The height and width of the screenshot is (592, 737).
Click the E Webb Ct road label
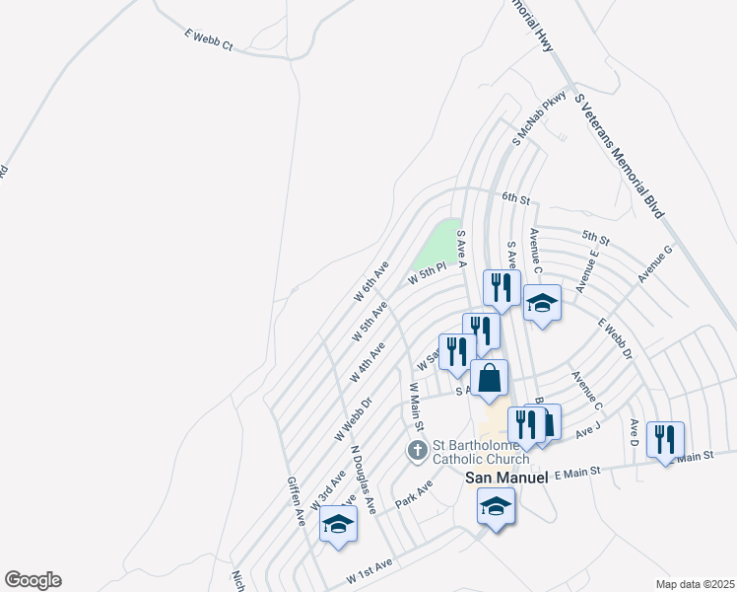(x=207, y=39)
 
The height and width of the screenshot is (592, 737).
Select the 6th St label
(x=515, y=197)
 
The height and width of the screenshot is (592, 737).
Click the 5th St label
(x=596, y=238)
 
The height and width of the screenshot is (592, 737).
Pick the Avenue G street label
(x=654, y=264)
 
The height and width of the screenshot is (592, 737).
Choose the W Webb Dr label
(x=352, y=420)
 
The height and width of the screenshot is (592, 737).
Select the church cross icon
(x=417, y=451)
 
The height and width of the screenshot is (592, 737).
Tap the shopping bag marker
(x=489, y=378)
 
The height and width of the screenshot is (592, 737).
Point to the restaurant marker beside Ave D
(x=665, y=440)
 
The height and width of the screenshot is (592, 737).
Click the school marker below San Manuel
(x=496, y=509)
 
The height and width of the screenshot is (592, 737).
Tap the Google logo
(x=33, y=580)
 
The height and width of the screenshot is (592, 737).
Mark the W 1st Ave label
(x=369, y=569)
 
